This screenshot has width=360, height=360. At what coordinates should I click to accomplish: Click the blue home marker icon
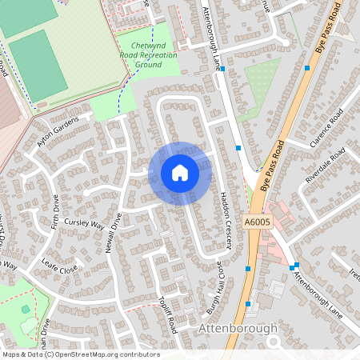coord(179,173)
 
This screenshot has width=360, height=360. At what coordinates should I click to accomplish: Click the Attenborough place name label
coord(238,328)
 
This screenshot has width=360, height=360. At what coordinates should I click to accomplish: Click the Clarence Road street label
coord(330,129)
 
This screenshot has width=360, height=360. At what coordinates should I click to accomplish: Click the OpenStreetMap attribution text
coord(81,354)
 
